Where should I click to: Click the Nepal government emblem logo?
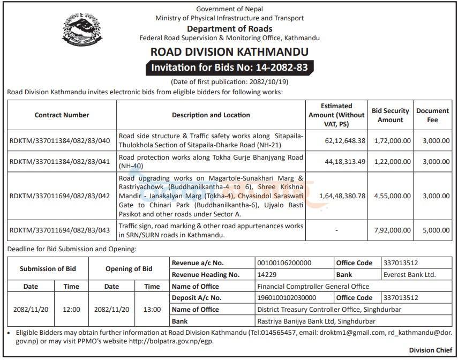81,30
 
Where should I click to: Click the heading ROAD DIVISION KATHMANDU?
229,52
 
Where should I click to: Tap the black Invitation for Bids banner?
229,68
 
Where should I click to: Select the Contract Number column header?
62,115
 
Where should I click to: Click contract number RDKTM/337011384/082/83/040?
59,140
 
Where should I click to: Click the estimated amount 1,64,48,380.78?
342,196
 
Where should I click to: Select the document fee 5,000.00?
432,230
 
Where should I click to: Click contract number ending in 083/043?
59,230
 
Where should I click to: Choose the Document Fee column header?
432,115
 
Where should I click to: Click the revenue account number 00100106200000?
284,263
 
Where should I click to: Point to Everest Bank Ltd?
410,275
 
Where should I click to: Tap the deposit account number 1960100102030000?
287,298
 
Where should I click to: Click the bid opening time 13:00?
152,310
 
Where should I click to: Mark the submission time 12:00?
71,310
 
